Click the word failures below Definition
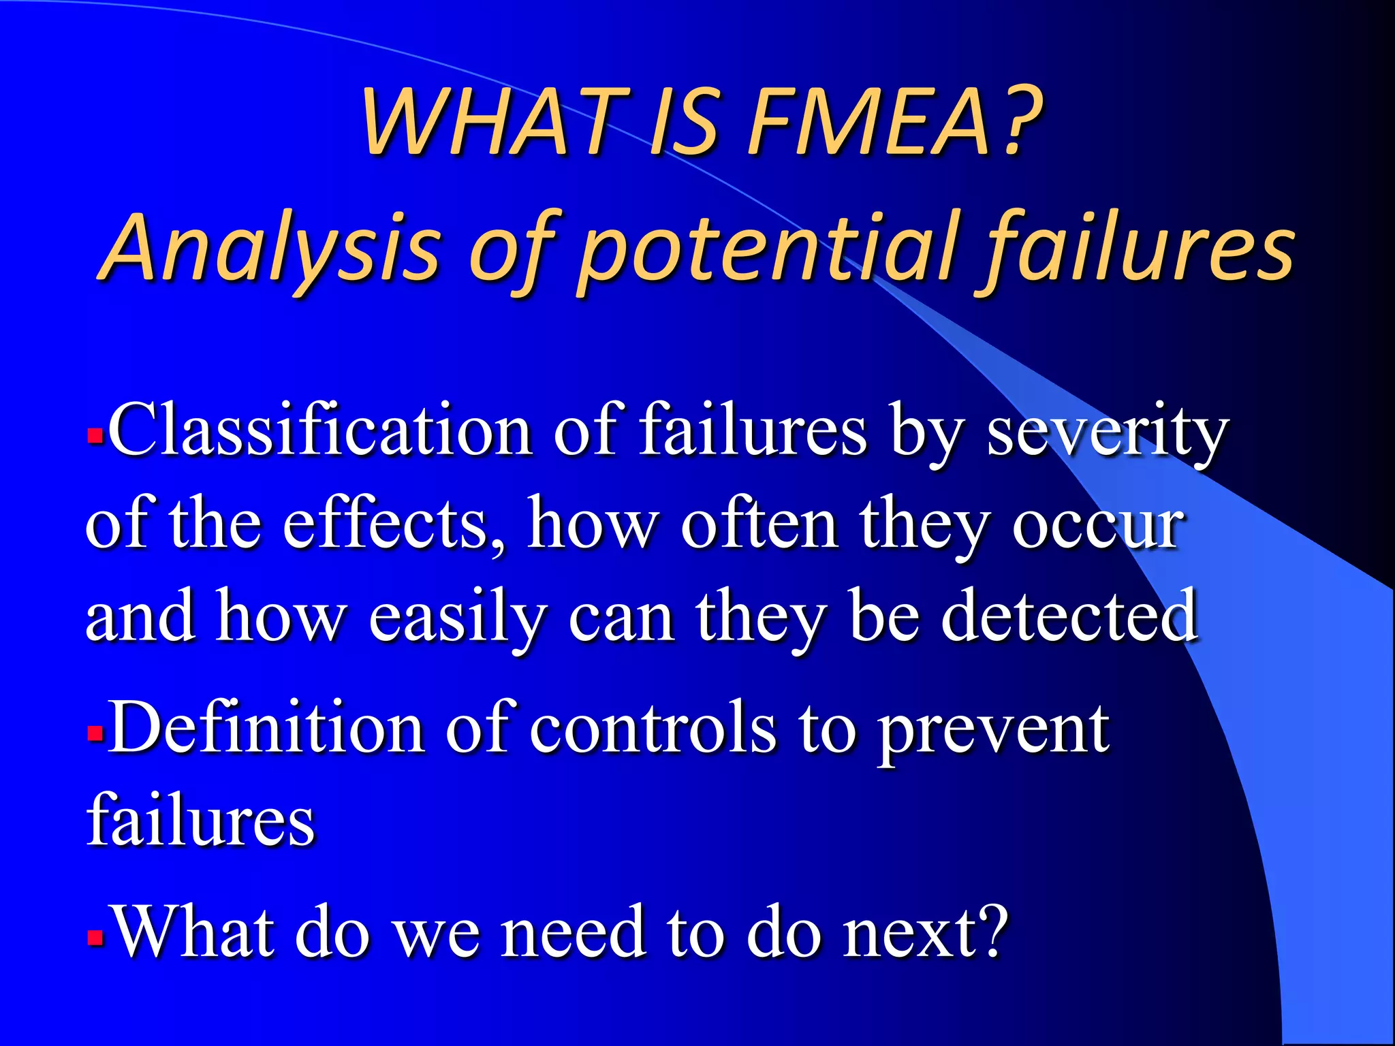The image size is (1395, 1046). coord(201,820)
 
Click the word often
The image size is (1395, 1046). coord(759,524)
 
